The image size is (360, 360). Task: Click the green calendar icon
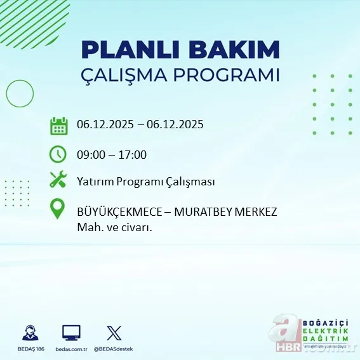click(x=58, y=125)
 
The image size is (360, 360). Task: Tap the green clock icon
click(x=58, y=154)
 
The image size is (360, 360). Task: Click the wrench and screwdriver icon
click(x=58, y=181)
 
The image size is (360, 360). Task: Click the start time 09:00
click(x=90, y=154)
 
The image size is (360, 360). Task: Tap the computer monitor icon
click(x=71, y=332)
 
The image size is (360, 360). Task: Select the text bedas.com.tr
click(x=71, y=349)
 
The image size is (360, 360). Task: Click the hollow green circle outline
click(x=20, y=94)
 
